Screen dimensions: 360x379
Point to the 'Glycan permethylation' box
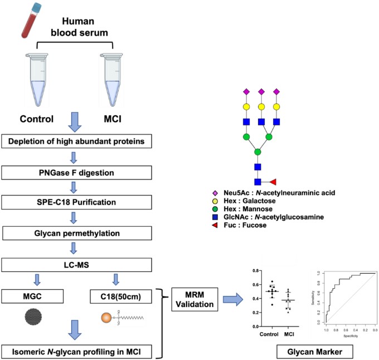(x=79, y=229)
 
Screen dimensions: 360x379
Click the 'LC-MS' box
(x=79, y=260)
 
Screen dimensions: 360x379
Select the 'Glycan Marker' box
(x=307, y=351)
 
